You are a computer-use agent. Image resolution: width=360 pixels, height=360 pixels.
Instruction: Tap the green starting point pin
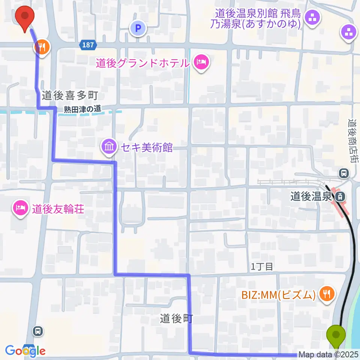[336, 335]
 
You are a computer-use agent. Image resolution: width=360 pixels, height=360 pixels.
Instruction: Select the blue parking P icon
[138, 28]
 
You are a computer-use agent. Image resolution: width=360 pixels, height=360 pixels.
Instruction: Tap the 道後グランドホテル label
[142, 63]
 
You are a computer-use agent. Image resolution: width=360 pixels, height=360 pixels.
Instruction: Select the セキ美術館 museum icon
[109, 147]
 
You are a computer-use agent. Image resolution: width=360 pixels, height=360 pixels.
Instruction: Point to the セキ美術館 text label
[145, 147]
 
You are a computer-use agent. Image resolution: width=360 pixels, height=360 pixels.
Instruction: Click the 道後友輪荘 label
[58, 208]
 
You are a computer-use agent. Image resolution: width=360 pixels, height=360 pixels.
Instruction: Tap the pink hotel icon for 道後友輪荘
[19, 208]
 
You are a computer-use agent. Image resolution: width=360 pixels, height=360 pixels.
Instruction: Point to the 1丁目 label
[262, 267]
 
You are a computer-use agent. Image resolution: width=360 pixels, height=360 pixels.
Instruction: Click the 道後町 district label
[176, 319]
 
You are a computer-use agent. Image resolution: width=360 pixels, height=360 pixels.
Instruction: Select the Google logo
[25, 351]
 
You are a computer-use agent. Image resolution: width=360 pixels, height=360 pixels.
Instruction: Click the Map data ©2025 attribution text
[328, 354]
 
